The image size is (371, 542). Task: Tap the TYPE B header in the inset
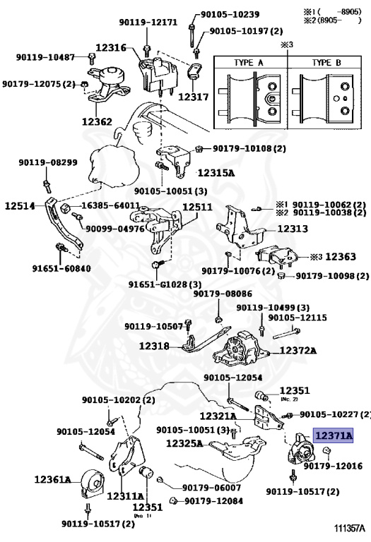(327, 63)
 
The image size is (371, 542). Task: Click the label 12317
(193, 96)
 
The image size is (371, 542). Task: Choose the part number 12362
(97, 121)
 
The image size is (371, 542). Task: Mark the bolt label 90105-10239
(230, 13)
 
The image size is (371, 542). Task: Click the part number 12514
(20, 206)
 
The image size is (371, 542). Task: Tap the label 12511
(197, 207)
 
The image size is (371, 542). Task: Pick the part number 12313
(292, 229)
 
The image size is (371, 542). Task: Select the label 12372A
(297, 350)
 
